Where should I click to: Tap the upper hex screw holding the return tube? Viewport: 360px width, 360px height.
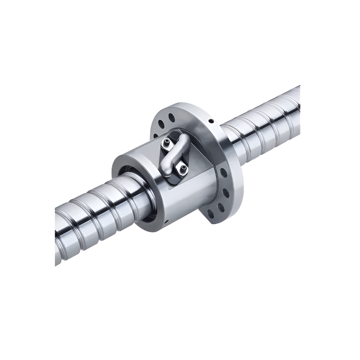(167, 144)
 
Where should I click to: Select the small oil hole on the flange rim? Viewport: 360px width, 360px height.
(211, 121)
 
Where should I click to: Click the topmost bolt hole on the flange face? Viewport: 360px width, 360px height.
(171, 117)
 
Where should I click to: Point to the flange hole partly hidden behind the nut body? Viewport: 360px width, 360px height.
(155, 136)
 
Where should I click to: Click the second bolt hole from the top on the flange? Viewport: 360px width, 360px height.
(161, 124)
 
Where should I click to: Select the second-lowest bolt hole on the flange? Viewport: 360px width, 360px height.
(220, 207)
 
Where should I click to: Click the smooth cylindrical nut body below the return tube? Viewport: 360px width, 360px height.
(190, 200)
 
